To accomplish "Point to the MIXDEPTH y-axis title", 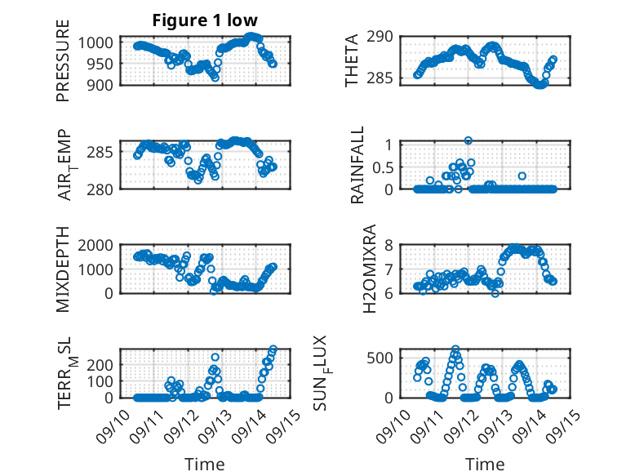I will click(x=63, y=270).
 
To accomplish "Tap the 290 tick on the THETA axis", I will click(x=385, y=36).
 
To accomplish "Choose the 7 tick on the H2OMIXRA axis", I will click(x=390, y=269).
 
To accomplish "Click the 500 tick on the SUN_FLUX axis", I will click(x=385, y=358).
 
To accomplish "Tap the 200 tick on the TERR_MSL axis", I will click(x=106, y=381).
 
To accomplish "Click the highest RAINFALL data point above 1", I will click(x=468, y=140).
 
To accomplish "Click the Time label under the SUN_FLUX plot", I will click(x=485, y=464).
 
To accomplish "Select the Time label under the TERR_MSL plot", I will click(x=205, y=464).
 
